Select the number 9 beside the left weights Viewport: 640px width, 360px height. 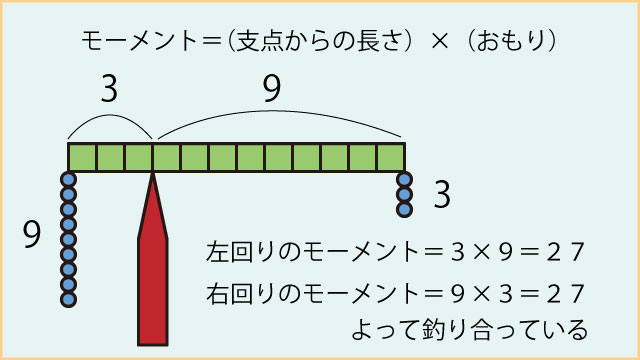point(31,235)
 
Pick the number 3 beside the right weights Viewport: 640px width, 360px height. point(441,196)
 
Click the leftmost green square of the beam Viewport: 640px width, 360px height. point(82,157)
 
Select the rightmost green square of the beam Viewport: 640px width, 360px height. point(391,157)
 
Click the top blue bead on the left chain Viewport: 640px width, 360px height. point(69,181)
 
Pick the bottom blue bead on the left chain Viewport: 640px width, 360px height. point(69,297)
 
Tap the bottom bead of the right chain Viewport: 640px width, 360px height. point(404,210)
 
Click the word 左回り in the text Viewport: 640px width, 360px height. point(238,249)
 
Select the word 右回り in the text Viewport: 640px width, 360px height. point(238,292)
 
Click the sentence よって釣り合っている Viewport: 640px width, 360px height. point(468,329)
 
